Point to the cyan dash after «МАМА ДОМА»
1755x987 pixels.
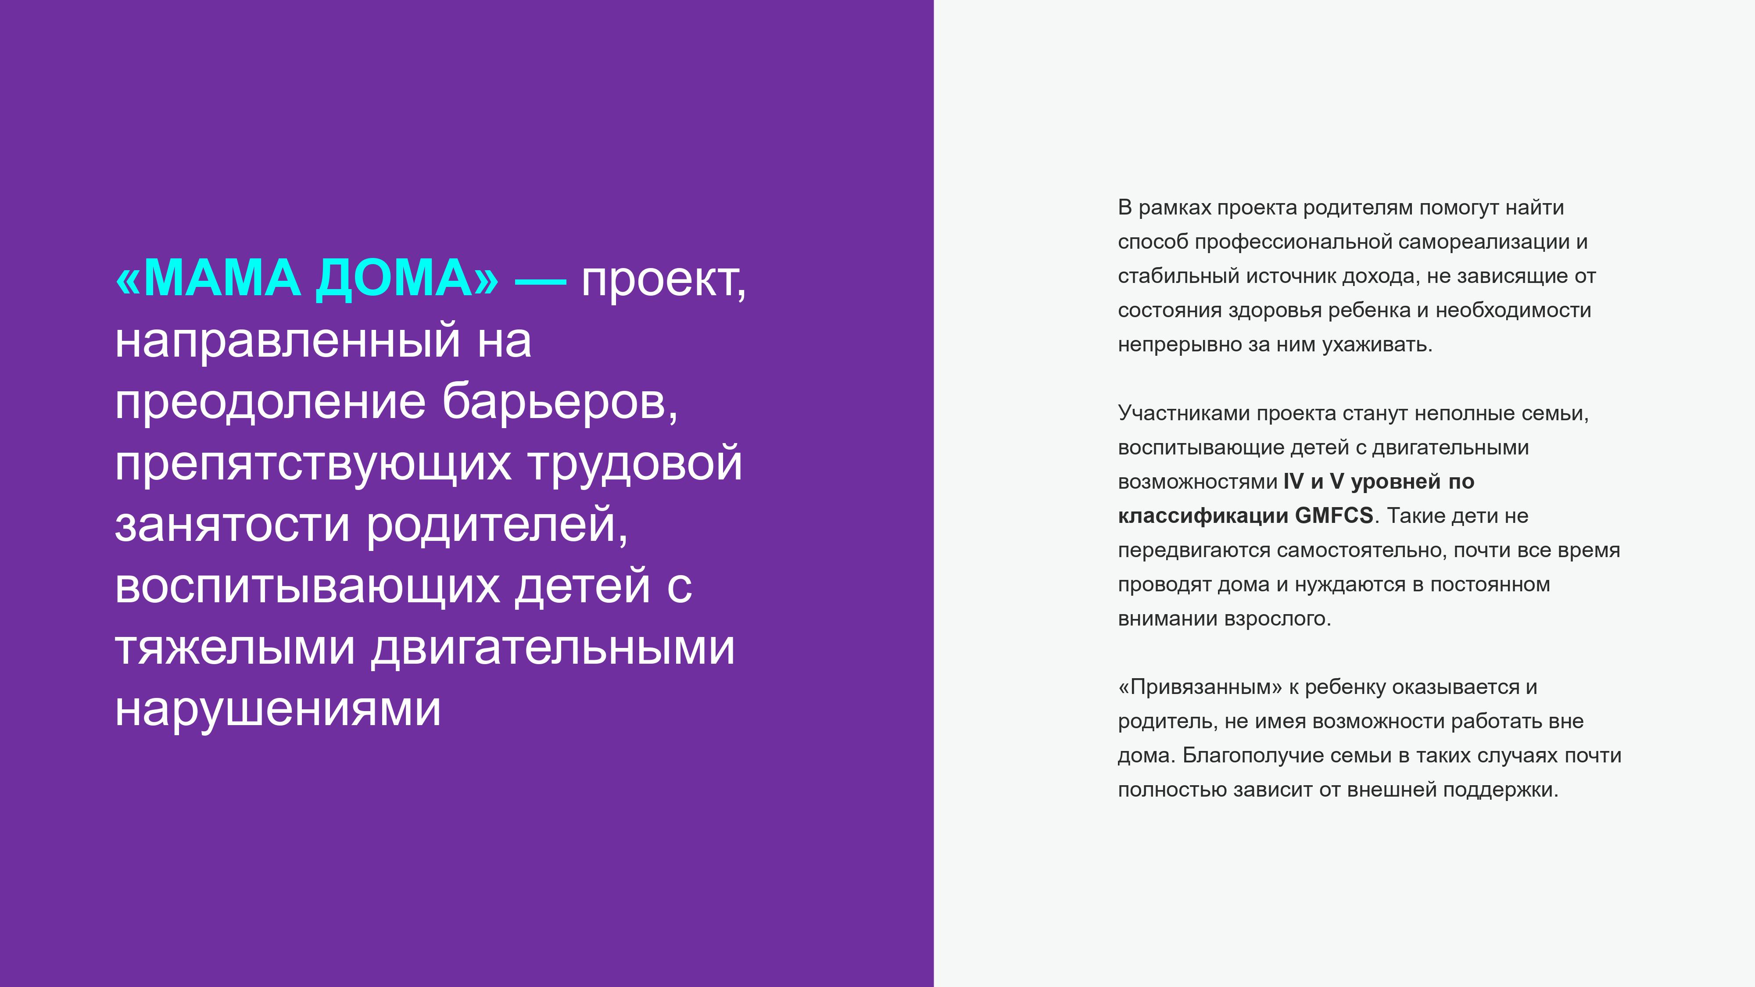click(540, 281)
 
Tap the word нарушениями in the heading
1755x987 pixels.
click(278, 709)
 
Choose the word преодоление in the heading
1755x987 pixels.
click(270, 403)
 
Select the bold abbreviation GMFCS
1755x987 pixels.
click(1334, 515)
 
